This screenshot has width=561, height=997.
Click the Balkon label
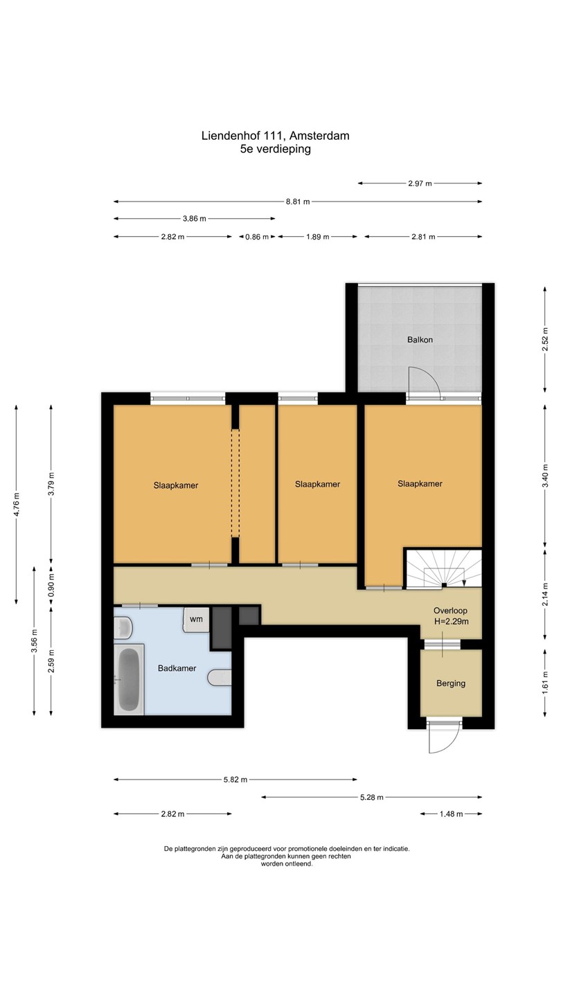(x=420, y=339)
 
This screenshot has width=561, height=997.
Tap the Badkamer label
(x=177, y=668)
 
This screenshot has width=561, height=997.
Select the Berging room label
(x=451, y=683)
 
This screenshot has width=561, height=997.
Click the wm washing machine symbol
(x=196, y=619)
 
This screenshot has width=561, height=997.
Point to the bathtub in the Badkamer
(x=129, y=679)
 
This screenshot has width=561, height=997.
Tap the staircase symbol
(x=443, y=569)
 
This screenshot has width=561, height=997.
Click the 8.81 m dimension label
(x=298, y=201)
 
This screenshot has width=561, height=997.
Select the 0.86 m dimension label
(x=257, y=237)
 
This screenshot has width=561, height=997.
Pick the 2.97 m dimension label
(x=420, y=183)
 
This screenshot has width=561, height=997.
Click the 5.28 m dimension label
(x=372, y=797)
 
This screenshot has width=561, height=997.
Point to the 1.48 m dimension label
(x=451, y=814)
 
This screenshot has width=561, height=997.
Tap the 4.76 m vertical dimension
(x=17, y=505)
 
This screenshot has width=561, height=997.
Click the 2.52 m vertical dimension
(x=545, y=339)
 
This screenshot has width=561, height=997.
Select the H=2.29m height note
(x=451, y=622)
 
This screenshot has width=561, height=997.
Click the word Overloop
(x=451, y=611)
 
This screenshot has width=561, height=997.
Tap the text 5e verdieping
(x=276, y=149)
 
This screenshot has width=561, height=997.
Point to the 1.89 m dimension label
(x=317, y=237)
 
